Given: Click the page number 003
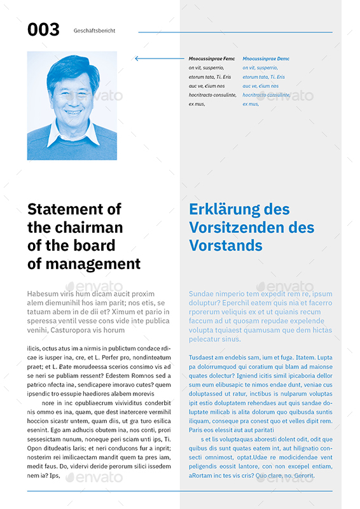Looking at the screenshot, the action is point(43,29).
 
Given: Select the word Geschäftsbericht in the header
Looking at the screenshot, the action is point(94,31).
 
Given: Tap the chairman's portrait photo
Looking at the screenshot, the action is point(72,105).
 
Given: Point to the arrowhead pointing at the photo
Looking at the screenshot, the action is point(137,59).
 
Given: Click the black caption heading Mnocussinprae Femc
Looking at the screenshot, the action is point(212,59).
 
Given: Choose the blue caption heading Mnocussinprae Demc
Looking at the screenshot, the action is point(266,59).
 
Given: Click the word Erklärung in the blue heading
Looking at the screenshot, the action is point(223,209).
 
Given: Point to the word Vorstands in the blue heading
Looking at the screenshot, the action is point(226,246).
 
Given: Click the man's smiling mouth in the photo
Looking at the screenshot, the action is point(73,112).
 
